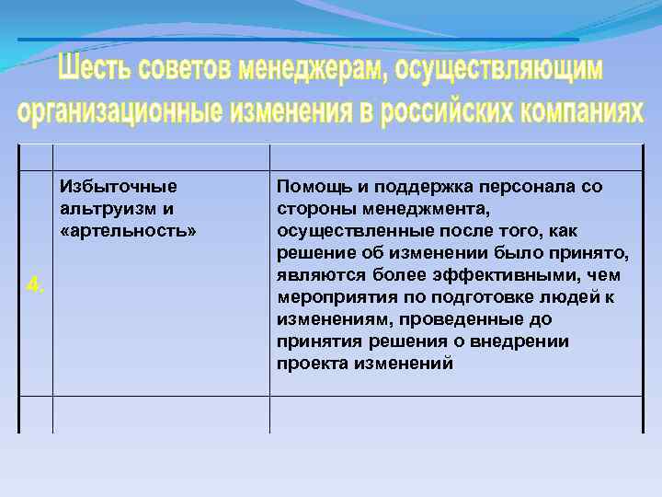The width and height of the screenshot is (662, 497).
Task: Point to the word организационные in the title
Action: coord(120,110)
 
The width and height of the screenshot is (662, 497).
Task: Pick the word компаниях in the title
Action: coord(581,110)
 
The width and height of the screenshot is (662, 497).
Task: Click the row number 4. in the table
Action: coord(35,285)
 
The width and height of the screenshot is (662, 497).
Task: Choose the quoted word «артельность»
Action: coord(128,231)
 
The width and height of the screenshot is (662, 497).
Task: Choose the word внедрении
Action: coord(529,341)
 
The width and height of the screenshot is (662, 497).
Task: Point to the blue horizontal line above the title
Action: coord(299,40)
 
